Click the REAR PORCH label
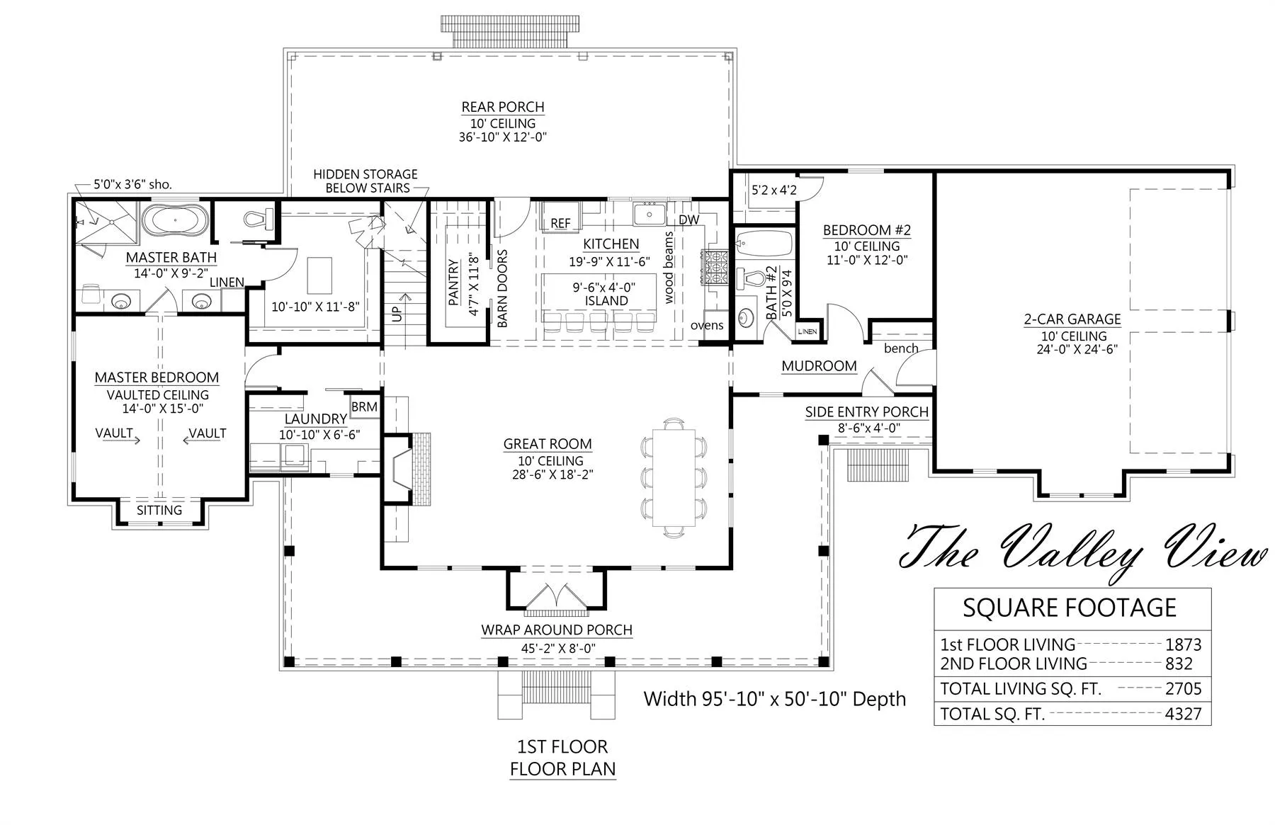(503, 107)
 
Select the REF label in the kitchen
(560, 223)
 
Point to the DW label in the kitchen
(688, 220)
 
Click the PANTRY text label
(454, 283)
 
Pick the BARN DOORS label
(502, 288)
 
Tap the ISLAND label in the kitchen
(606, 301)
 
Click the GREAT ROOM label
(548, 444)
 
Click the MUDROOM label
(819, 366)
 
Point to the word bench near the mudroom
(901, 348)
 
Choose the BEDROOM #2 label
(867, 230)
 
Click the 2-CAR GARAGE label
(1072, 319)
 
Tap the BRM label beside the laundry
(364, 407)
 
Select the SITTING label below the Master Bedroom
(159, 510)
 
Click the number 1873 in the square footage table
(1183, 644)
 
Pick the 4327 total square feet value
(1183, 714)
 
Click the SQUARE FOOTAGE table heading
(1070, 608)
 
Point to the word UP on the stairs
(397, 312)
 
